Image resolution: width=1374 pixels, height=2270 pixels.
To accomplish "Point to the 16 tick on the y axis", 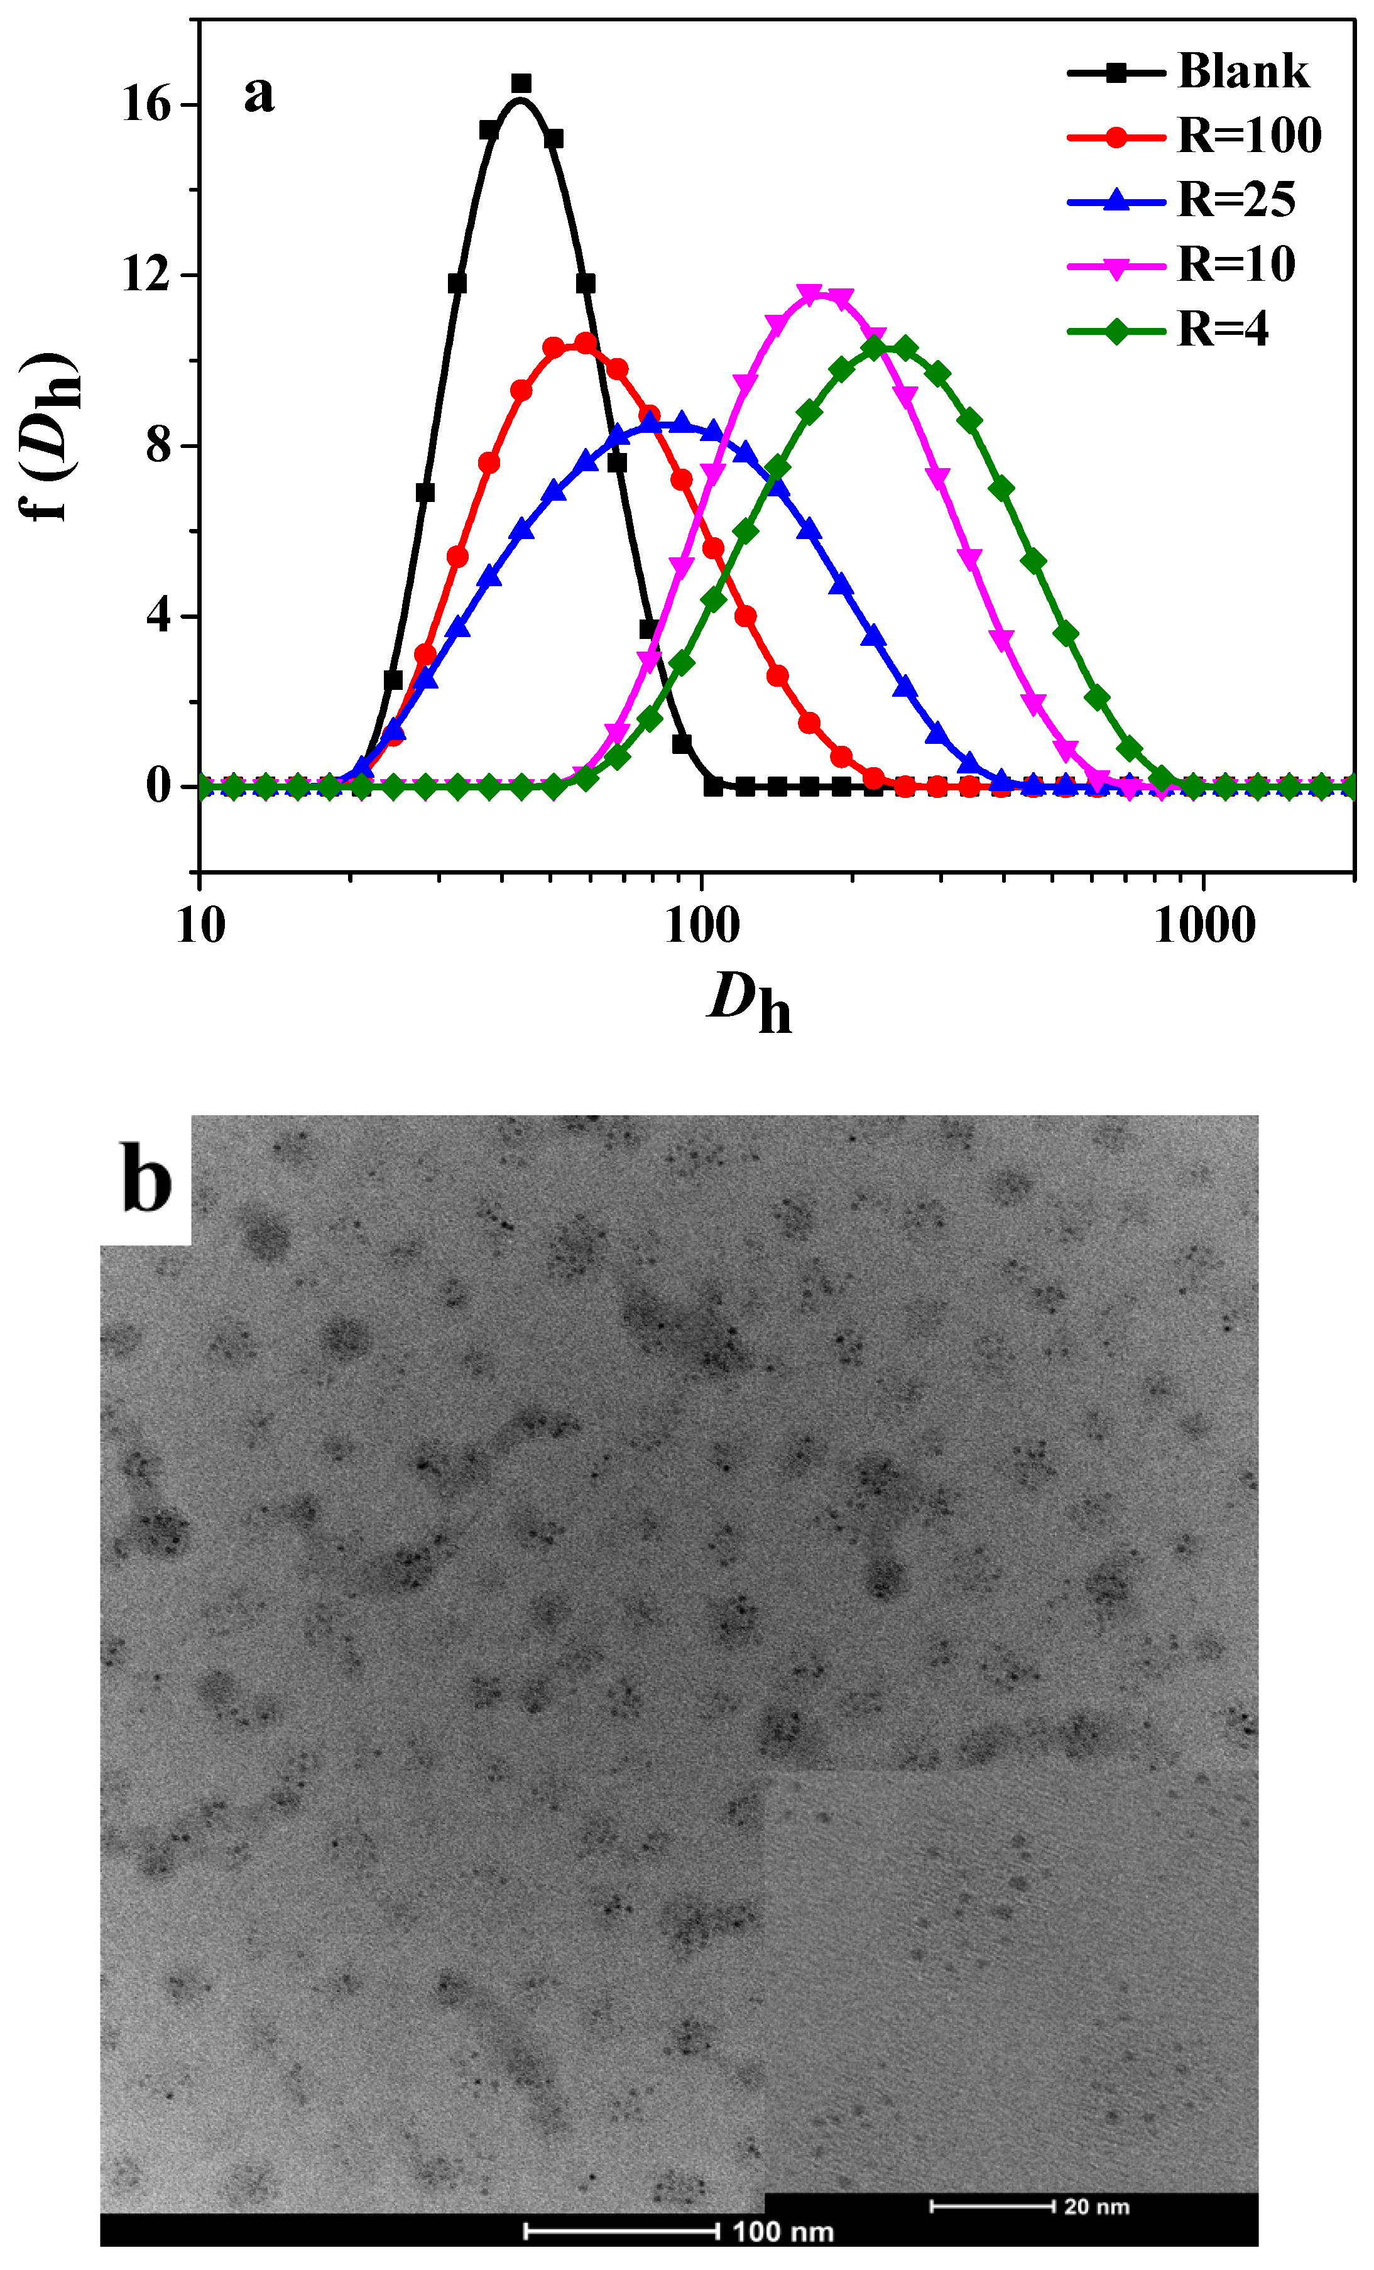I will tap(148, 105).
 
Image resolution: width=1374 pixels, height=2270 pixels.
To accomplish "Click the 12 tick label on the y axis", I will tap(148, 275).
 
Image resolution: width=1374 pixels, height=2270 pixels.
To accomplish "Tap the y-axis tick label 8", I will tap(158, 446).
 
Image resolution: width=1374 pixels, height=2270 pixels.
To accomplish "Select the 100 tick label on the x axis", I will tap(702, 926).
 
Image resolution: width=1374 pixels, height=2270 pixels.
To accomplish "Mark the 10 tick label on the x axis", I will tap(200, 926).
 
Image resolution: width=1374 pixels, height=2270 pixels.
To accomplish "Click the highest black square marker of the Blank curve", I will tap(521, 84).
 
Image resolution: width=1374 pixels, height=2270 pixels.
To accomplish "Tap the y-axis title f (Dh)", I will tap(52, 437).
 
